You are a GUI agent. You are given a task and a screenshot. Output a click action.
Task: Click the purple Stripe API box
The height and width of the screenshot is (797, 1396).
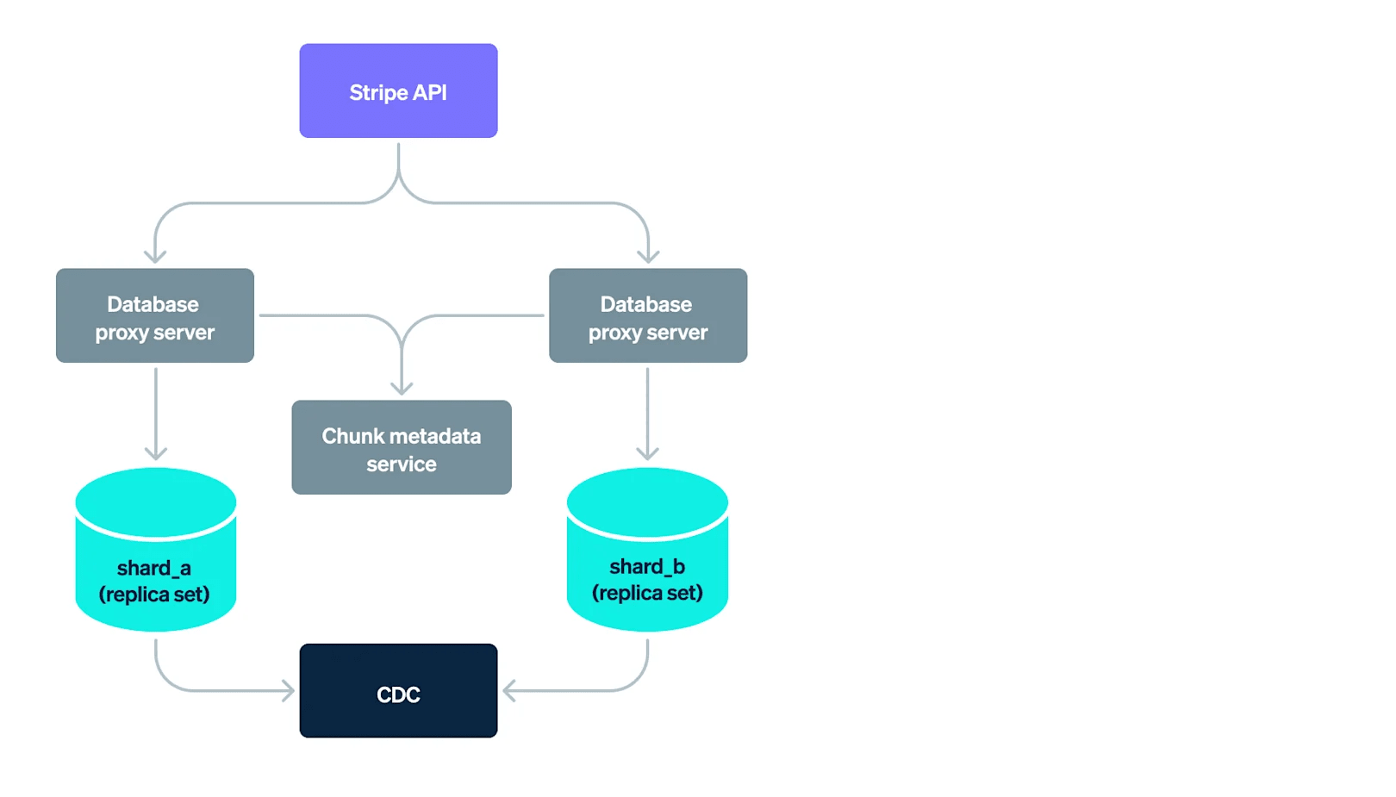click(x=398, y=90)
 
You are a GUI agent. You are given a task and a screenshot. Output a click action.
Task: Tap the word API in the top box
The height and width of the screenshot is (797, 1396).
click(x=429, y=92)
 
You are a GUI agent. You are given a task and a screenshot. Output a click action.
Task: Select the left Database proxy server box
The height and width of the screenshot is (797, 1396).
click(x=155, y=315)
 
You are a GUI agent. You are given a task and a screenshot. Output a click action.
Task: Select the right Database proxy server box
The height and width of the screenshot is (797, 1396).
click(x=648, y=315)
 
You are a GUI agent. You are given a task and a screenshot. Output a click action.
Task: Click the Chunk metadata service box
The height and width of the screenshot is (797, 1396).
click(x=402, y=447)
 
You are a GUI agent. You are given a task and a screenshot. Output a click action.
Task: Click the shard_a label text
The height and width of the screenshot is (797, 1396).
click(x=154, y=568)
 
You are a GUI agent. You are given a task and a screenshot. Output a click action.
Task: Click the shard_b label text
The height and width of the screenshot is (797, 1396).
click(x=647, y=566)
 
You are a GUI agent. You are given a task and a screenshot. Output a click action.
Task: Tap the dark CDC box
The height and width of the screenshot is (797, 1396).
click(x=398, y=691)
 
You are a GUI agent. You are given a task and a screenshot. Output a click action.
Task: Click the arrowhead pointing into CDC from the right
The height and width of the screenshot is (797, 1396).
click(x=508, y=690)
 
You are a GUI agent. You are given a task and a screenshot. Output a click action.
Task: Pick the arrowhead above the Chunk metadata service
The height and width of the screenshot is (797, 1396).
click(x=402, y=389)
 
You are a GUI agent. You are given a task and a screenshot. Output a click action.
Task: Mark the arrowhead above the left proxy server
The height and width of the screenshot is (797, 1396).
click(x=155, y=256)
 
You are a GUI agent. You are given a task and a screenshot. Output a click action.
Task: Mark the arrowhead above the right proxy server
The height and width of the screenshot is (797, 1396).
click(x=648, y=256)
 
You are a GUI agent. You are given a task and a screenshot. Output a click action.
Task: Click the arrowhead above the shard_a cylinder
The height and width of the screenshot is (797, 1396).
click(x=156, y=453)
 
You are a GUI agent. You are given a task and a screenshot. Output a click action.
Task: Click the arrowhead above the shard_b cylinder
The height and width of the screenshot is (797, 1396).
click(x=647, y=453)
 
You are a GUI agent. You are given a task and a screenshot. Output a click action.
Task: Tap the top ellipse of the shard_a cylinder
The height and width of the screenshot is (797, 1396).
click(x=156, y=501)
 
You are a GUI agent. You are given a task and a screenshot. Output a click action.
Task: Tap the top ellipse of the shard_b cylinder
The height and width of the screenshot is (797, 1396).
click(x=647, y=501)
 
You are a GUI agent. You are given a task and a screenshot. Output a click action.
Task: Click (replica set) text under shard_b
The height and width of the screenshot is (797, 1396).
click(x=647, y=593)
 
